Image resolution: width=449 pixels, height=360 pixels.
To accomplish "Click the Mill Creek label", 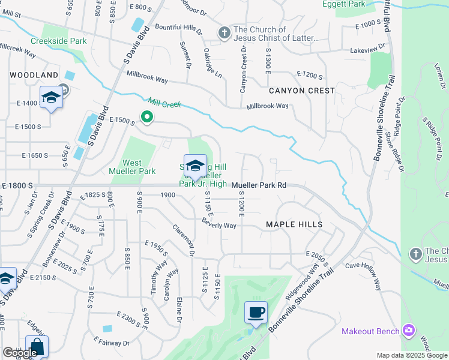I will click(164, 103).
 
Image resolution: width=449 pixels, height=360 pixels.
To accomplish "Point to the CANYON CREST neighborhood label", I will click(301, 91).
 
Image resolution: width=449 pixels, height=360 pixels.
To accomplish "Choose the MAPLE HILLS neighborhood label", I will click(294, 224).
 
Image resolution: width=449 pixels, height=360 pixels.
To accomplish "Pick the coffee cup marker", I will click(256, 313).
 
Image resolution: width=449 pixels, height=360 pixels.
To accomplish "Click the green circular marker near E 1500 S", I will click(146, 116).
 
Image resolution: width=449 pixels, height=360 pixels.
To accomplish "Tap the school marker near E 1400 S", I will click(52, 98).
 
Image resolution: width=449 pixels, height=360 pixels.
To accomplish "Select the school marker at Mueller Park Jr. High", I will click(194, 166).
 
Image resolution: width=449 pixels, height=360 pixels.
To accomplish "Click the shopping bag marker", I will click(37, 347).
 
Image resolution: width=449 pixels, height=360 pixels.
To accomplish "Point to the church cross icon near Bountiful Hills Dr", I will click(224, 32).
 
